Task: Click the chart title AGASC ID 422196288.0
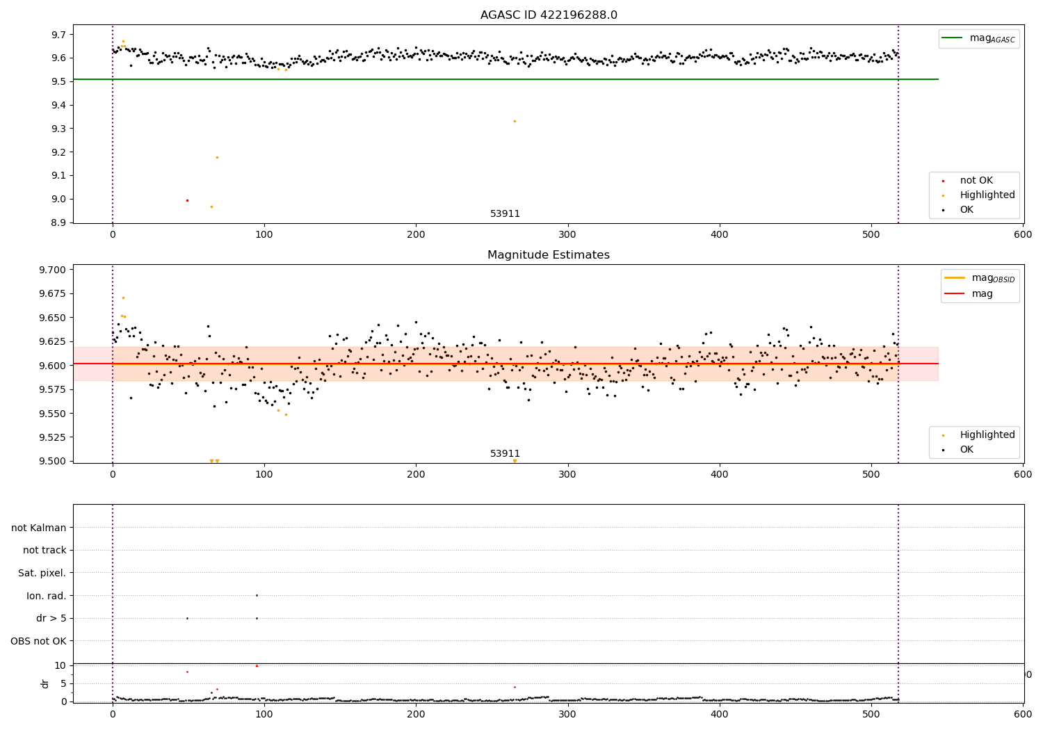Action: click(549, 15)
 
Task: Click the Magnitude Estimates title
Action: click(549, 255)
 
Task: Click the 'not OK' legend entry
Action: click(976, 181)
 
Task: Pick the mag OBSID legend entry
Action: click(980, 278)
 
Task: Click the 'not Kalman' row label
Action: click(39, 528)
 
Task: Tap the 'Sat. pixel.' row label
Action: click(42, 573)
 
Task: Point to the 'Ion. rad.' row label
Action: click(47, 596)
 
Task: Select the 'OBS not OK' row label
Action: click(39, 641)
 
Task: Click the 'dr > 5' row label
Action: click(51, 618)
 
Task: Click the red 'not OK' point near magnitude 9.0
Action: click(187, 200)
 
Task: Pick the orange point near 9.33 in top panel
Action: click(515, 121)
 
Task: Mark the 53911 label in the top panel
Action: click(505, 214)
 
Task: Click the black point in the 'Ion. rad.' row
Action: click(257, 595)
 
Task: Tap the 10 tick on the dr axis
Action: click(60, 665)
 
